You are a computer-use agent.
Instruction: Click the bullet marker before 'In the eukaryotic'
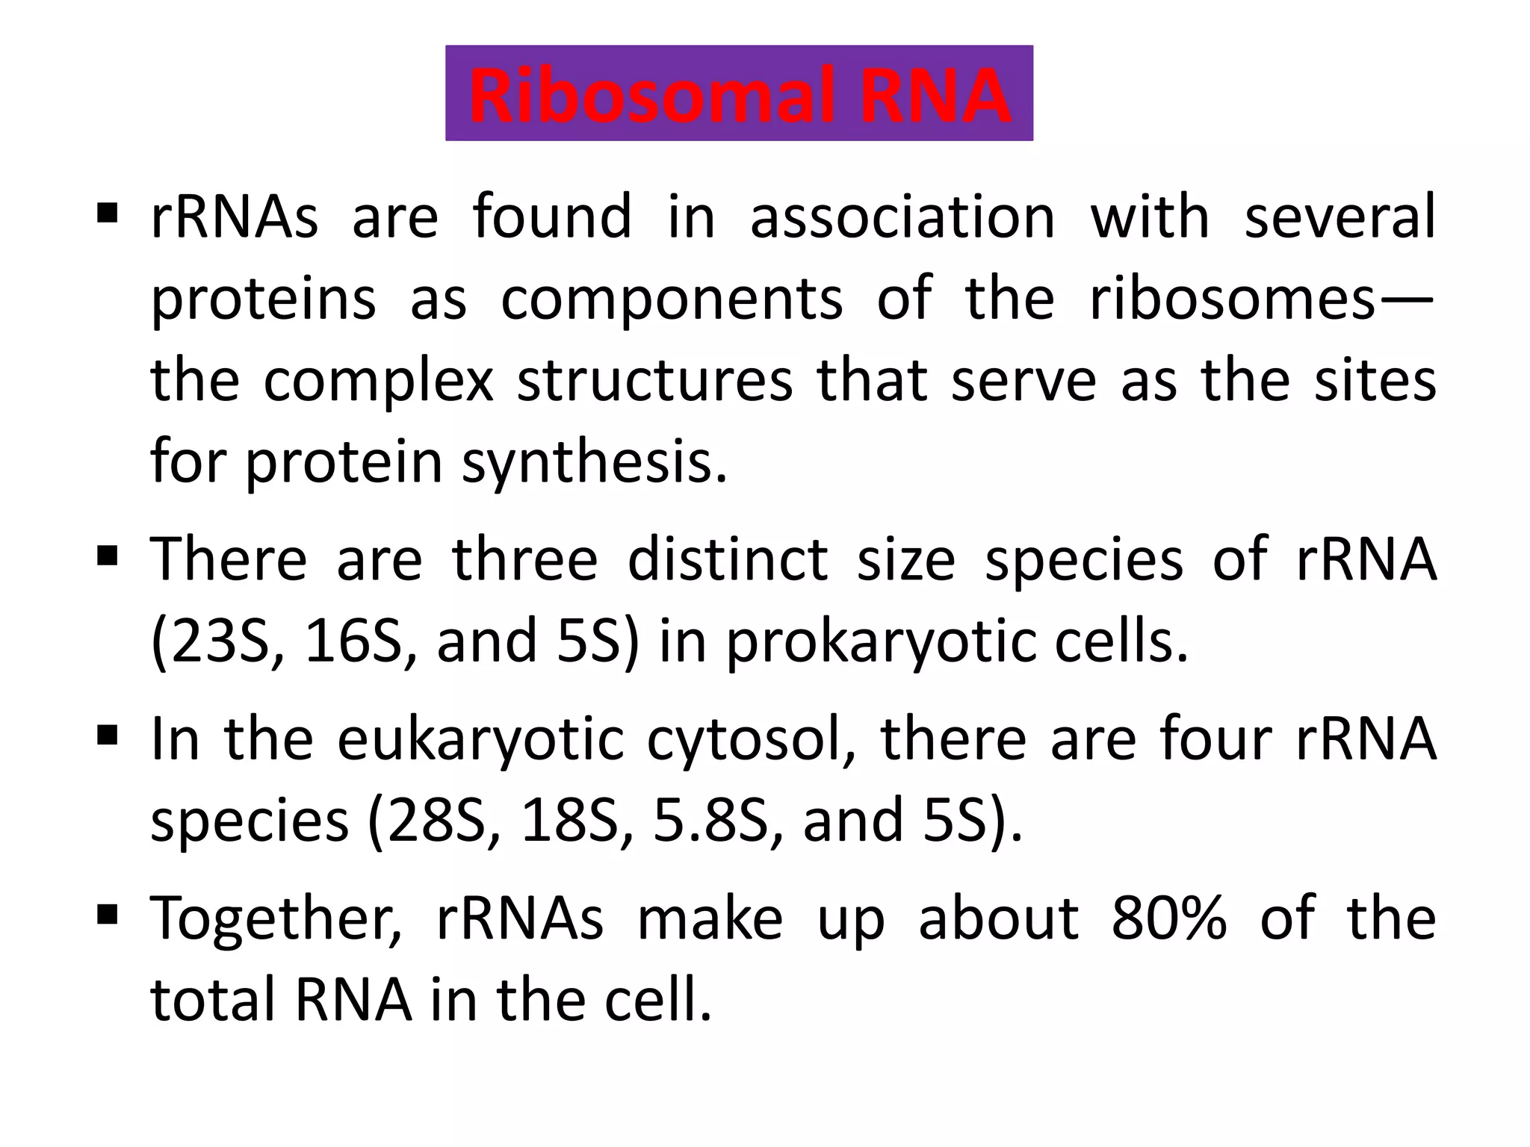[108, 737]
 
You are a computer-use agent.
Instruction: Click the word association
[902, 217]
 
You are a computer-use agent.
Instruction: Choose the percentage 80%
[1169, 918]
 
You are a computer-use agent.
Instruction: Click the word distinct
[726, 560]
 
